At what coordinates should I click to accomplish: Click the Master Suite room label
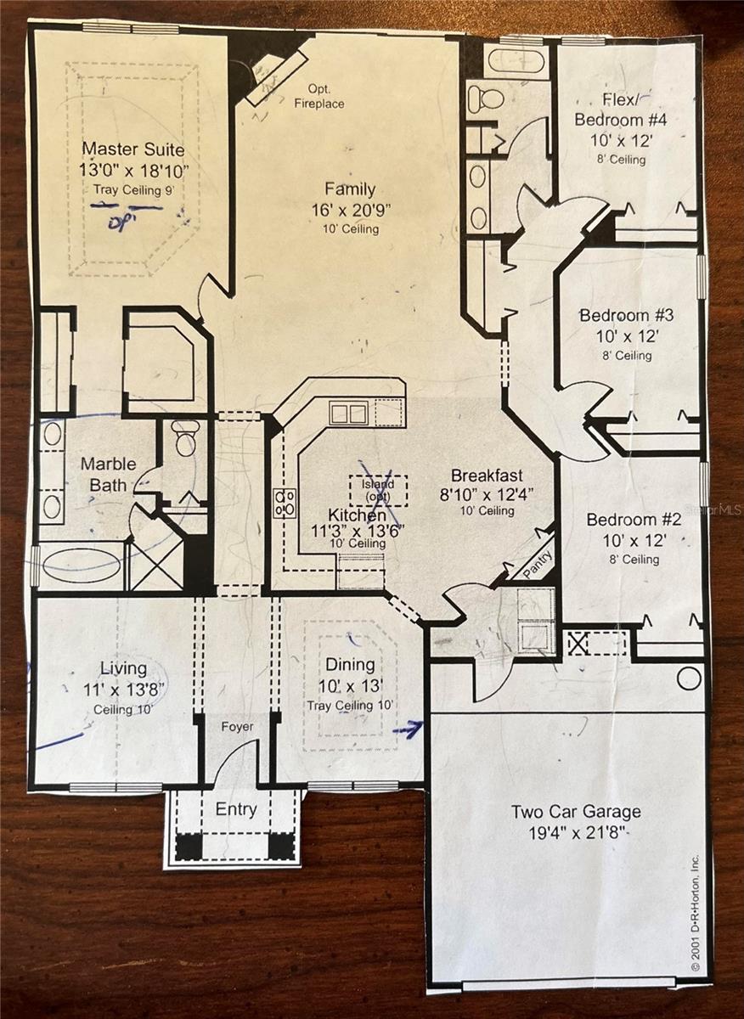[x=132, y=149]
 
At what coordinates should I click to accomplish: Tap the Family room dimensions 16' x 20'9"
[x=351, y=211]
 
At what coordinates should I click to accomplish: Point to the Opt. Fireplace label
[x=319, y=96]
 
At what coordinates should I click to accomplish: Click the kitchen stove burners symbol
[x=285, y=503]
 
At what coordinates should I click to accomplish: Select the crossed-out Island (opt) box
[x=378, y=491]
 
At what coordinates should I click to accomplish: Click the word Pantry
[x=538, y=564]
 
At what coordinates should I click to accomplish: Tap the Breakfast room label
[x=487, y=476]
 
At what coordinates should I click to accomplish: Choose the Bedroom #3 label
[x=626, y=315]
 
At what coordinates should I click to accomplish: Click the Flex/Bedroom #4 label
[x=621, y=110]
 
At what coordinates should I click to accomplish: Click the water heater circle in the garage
[x=689, y=678]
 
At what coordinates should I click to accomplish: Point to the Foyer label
[x=237, y=727]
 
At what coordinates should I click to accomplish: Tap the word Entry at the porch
[x=236, y=809]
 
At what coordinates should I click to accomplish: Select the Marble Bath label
[x=109, y=475]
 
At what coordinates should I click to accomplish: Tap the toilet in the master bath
[x=187, y=438]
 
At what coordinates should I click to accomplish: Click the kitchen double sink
[x=349, y=414]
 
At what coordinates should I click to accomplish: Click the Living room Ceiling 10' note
[x=123, y=709]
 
